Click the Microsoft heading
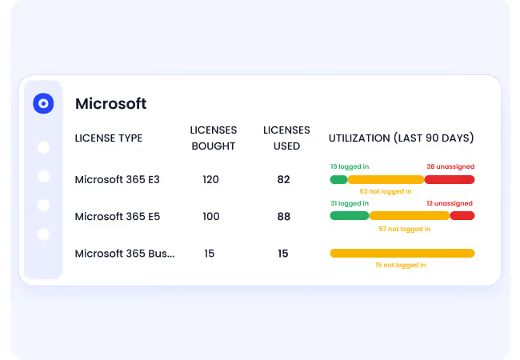coord(110,103)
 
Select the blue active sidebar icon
coord(43,103)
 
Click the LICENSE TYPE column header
coord(108,138)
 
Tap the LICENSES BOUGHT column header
coord(213,138)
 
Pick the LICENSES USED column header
coord(286,138)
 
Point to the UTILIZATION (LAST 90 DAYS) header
coord(401,138)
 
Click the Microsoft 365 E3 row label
coord(117,179)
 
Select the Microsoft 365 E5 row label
coord(117,216)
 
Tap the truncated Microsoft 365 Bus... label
coord(124,254)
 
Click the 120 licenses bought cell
coord(210,179)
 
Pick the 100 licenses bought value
coord(210,216)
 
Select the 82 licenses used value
coord(283,179)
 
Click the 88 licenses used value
coord(283,216)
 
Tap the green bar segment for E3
coord(338,179)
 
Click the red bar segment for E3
coord(450,179)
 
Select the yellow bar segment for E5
coord(409,216)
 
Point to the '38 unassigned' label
coord(450,166)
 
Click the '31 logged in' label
coord(350,203)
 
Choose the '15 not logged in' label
coord(400,265)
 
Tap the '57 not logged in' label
coord(404,229)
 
